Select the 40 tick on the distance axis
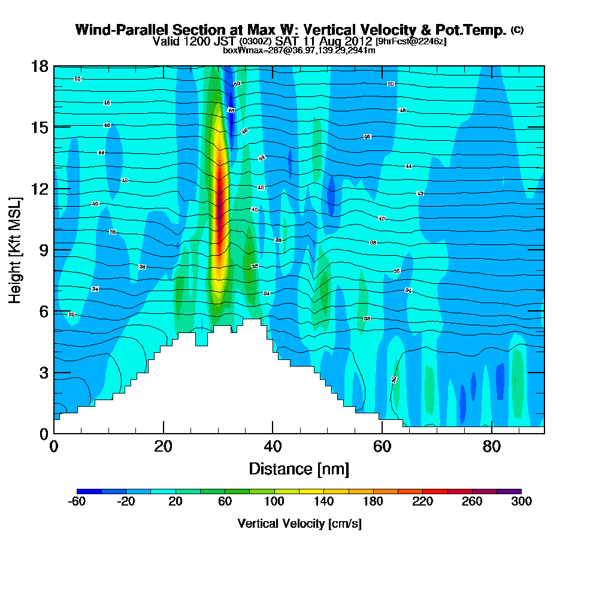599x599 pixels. point(273,446)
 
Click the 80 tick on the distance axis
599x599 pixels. point(491,446)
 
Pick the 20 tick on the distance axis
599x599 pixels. point(164,446)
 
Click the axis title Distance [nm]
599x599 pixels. point(299,468)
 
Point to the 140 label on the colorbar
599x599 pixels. point(323,502)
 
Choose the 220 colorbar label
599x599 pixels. point(422,502)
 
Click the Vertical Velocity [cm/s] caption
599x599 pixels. point(299,524)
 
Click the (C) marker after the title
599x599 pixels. point(517,29)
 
